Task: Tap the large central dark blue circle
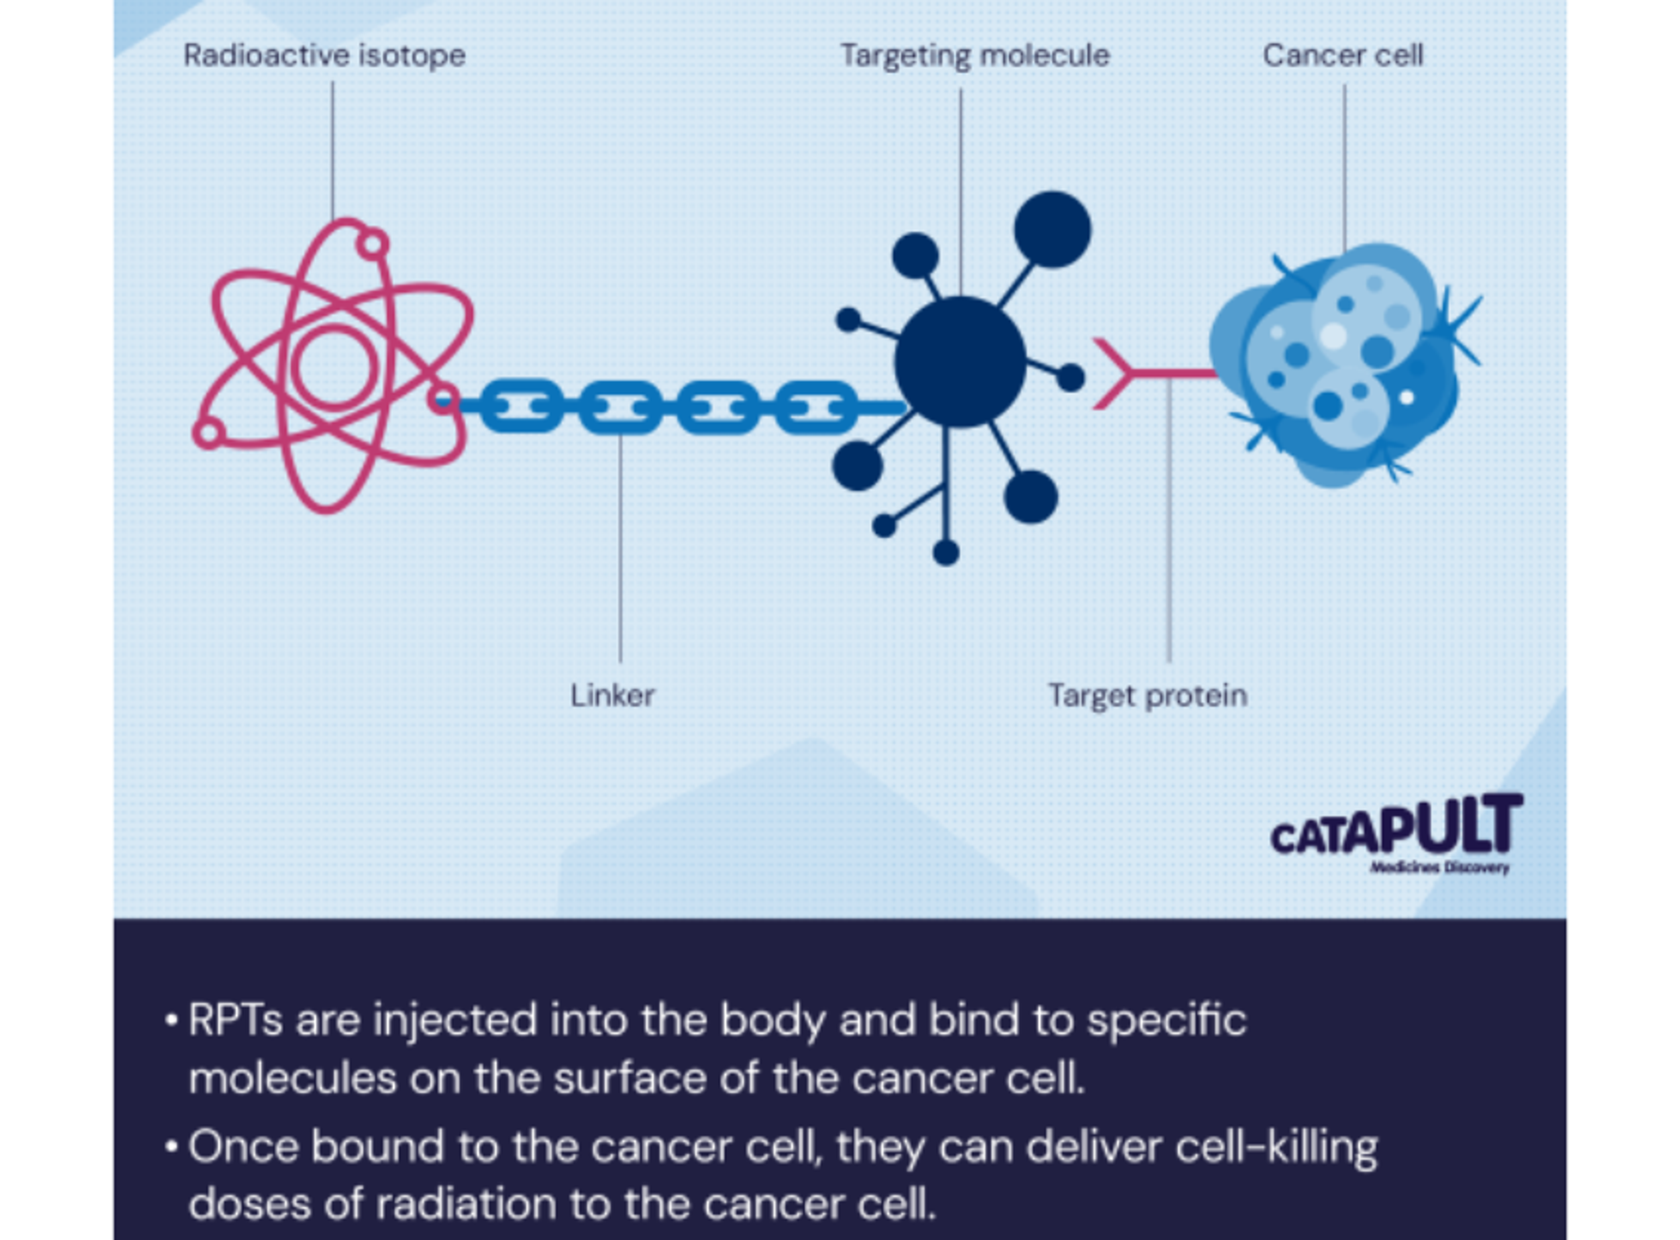coord(960,362)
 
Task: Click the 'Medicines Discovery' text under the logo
coord(1439,869)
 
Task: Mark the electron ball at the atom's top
coord(372,245)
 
